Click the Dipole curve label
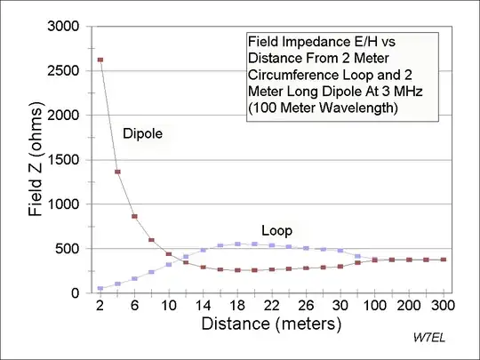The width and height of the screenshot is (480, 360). [143, 132]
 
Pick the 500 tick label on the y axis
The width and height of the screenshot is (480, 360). [67, 249]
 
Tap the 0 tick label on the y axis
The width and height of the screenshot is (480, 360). [76, 293]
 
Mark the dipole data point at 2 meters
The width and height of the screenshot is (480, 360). [100, 60]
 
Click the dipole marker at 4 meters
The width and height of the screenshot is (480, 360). [117, 172]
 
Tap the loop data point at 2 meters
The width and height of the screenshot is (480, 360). [100, 288]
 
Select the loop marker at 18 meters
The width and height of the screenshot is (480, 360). [237, 244]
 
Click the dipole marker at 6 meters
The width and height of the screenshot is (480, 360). [134, 216]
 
